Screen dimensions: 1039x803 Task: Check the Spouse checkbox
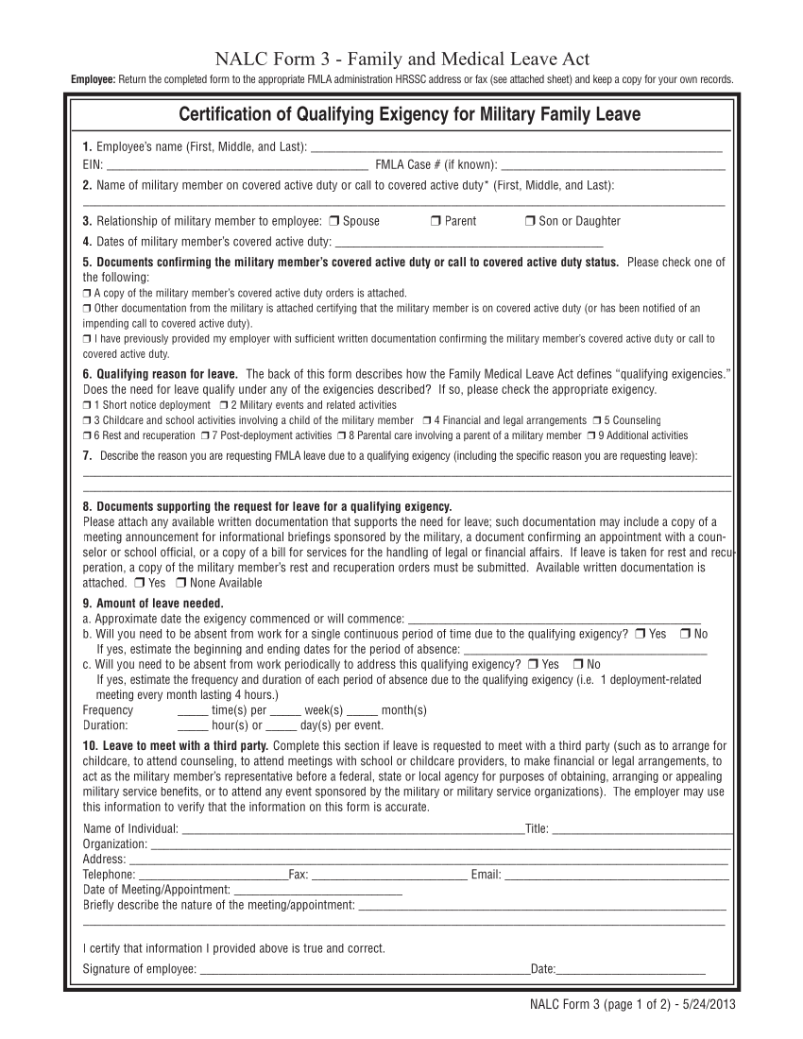pyautogui.click(x=334, y=221)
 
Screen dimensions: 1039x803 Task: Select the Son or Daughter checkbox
pyautogui.click(x=529, y=221)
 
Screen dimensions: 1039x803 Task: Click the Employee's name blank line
pyautogui.click(x=516, y=147)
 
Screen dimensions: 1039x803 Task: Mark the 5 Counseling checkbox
pyautogui.click(x=597, y=420)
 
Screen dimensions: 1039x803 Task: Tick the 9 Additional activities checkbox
pyautogui.click(x=590, y=435)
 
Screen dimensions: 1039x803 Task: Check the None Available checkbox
pyautogui.click(x=180, y=583)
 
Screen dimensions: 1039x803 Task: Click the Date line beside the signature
pyautogui.click(x=631, y=968)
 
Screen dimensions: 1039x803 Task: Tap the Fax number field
pyautogui.click(x=387, y=875)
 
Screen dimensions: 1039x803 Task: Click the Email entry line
pyautogui.click(x=616, y=875)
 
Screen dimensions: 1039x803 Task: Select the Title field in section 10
pyautogui.click(x=641, y=829)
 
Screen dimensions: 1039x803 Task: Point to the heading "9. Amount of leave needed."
pyautogui.click(x=153, y=604)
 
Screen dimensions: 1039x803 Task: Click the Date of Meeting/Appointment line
pyautogui.click(x=316, y=890)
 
